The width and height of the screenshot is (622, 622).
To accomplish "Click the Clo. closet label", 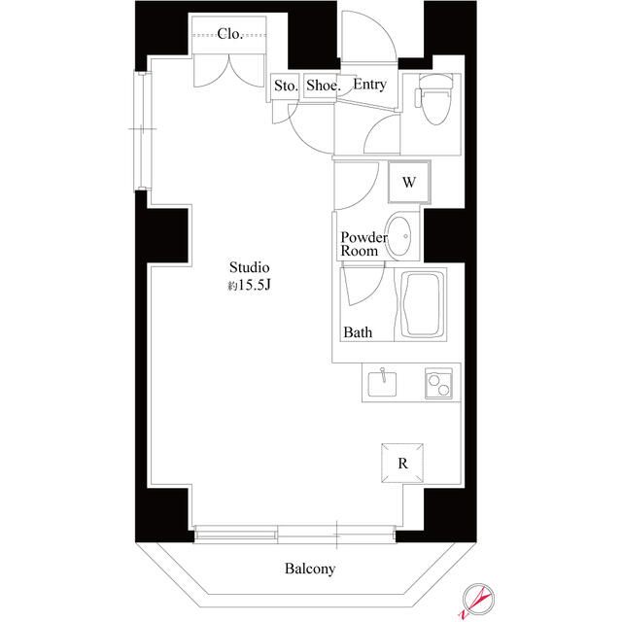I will pyautogui.click(x=229, y=34).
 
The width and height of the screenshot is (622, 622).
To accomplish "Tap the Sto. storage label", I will pyautogui.click(x=285, y=86).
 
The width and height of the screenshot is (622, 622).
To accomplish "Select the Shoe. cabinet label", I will pyautogui.click(x=323, y=86).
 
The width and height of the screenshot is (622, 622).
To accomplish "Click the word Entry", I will pyautogui.click(x=369, y=86).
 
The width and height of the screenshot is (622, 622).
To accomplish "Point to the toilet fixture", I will pyautogui.click(x=431, y=103).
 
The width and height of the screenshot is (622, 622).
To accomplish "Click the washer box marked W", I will pyautogui.click(x=409, y=181).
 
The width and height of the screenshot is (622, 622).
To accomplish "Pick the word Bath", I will pyautogui.click(x=358, y=332).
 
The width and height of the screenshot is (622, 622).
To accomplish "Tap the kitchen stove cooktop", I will pyautogui.click(x=438, y=385).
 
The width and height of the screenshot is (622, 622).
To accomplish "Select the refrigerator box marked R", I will pyautogui.click(x=401, y=463).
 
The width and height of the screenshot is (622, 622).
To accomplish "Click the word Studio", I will pyautogui.click(x=249, y=267).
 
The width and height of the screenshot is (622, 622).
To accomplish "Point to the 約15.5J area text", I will pyautogui.click(x=248, y=287).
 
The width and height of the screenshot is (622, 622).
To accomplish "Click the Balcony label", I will pyautogui.click(x=310, y=570).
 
